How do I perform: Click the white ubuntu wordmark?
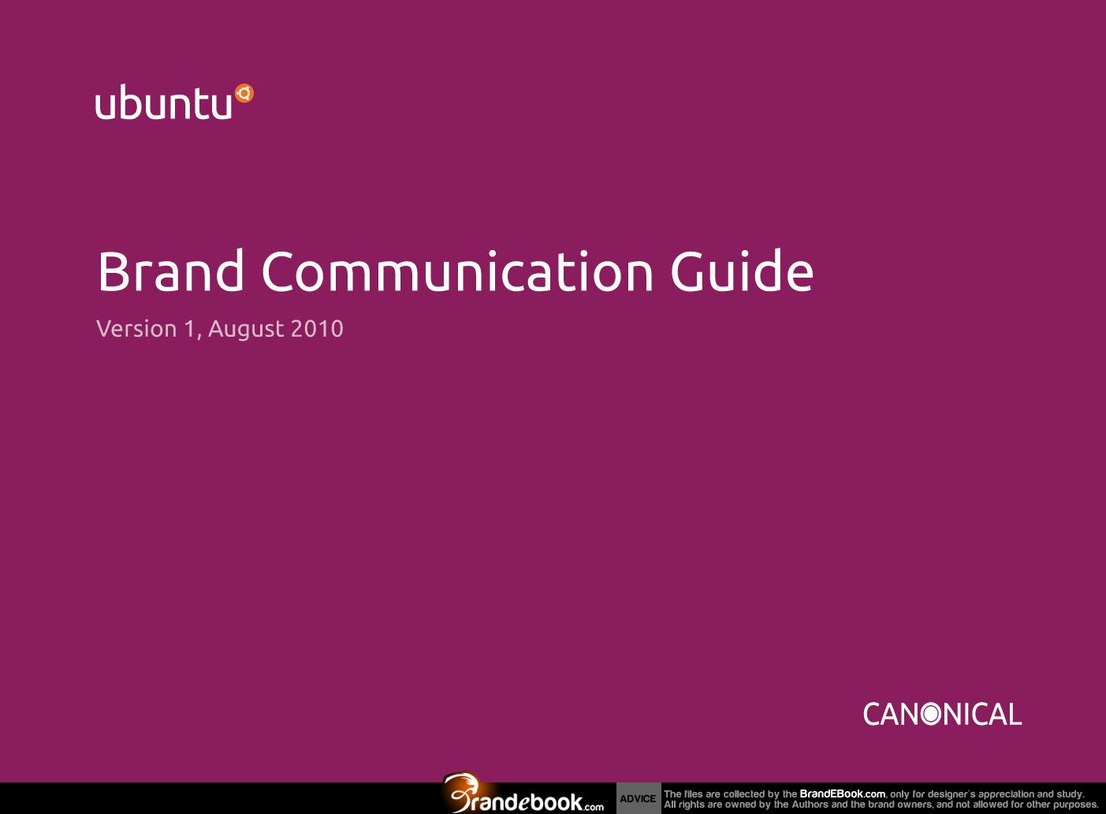click(163, 103)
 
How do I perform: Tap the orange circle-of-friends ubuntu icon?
click(244, 93)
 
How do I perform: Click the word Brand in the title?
click(171, 271)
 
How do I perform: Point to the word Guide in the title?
click(742, 271)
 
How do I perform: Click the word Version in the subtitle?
click(136, 328)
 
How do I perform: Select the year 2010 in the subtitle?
click(317, 329)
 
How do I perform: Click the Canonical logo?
click(942, 715)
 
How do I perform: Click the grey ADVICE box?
click(639, 798)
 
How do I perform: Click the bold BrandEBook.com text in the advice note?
click(843, 793)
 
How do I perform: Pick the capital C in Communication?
click(277, 271)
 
